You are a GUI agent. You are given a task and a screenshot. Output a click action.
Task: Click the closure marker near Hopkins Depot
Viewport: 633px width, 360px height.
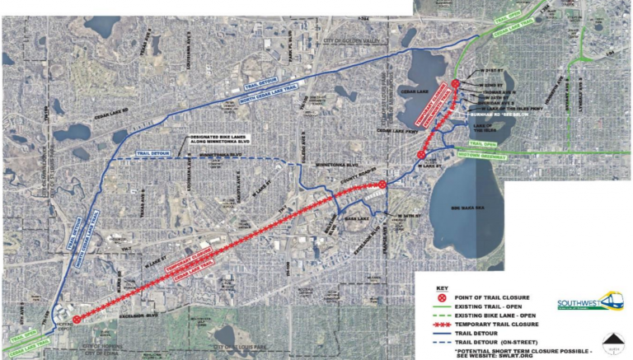click(x=77, y=320)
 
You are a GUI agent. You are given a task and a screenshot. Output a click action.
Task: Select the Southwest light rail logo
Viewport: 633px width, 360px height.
click(x=588, y=302)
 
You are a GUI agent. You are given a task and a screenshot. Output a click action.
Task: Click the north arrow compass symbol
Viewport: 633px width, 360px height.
click(x=612, y=342)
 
